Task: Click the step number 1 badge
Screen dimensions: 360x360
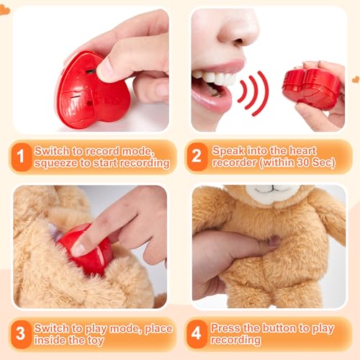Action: click(x=22, y=157)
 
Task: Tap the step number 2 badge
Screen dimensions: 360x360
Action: click(x=197, y=157)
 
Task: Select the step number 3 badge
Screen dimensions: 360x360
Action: click(x=21, y=334)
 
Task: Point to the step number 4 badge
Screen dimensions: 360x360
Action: click(x=197, y=334)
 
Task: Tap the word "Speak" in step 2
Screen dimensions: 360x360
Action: click(x=228, y=151)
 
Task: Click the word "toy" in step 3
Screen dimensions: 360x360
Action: click(x=95, y=341)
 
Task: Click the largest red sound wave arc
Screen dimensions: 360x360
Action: click(x=261, y=93)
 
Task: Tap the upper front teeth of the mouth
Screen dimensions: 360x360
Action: click(x=214, y=77)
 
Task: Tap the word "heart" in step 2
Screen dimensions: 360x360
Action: click(x=303, y=151)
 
